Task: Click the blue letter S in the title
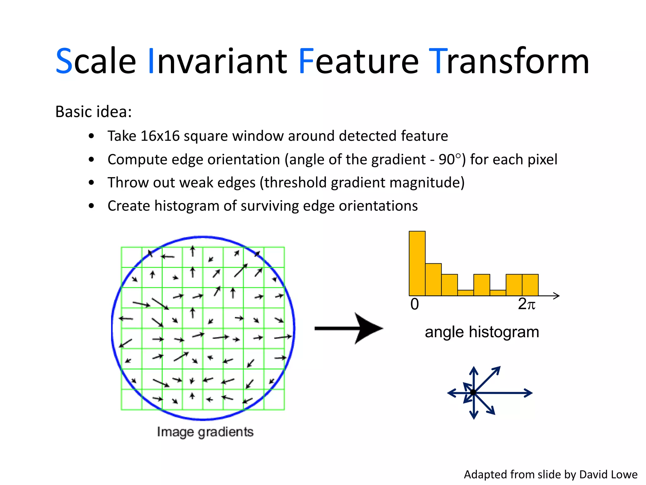pyautogui.click(x=64, y=61)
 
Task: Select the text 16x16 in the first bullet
pyautogui.click(x=160, y=136)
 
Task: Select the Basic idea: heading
pyautogui.click(x=94, y=112)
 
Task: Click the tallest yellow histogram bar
pyautogui.click(x=417, y=263)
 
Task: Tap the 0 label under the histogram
pyautogui.click(x=414, y=304)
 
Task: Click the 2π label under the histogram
pyautogui.click(x=526, y=304)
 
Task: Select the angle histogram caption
pyautogui.click(x=482, y=332)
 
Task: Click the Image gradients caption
pyautogui.click(x=205, y=432)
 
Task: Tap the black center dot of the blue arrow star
pyautogui.click(x=473, y=392)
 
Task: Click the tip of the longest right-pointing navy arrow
pyautogui.click(x=532, y=393)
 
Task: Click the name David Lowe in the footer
pyautogui.click(x=608, y=475)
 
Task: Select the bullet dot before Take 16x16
pyautogui.click(x=91, y=136)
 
